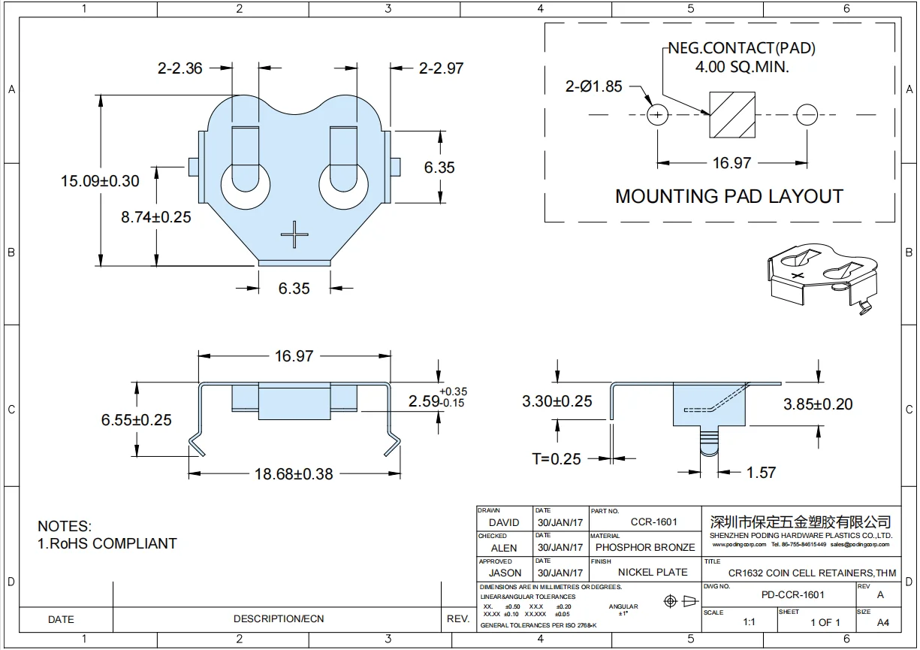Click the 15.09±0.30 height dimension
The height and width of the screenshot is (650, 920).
[x=101, y=181]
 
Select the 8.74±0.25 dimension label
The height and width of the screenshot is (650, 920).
[x=156, y=217]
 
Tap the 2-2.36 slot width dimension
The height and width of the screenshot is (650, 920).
[x=180, y=68]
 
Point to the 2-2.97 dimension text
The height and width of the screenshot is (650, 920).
[x=441, y=68]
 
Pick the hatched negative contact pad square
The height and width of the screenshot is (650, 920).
[x=732, y=116]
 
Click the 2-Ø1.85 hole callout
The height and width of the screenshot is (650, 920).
[x=593, y=86]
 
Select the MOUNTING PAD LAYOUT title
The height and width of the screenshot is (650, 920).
[x=728, y=197]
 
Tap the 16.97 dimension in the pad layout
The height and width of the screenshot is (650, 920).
[x=731, y=163]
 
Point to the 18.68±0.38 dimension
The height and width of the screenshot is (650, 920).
[x=294, y=474]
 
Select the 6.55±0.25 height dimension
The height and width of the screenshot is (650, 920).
[x=137, y=420]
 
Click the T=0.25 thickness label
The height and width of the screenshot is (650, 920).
[x=557, y=458]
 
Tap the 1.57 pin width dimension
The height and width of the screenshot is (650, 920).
[x=761, y=473]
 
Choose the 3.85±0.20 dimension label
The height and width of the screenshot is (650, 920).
[x=818, y=404]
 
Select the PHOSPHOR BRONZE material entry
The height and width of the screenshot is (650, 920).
[x=645, y=547]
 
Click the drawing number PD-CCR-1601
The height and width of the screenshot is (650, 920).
[x=792, y=594]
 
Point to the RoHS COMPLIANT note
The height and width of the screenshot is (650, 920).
[x=107, y=543]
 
